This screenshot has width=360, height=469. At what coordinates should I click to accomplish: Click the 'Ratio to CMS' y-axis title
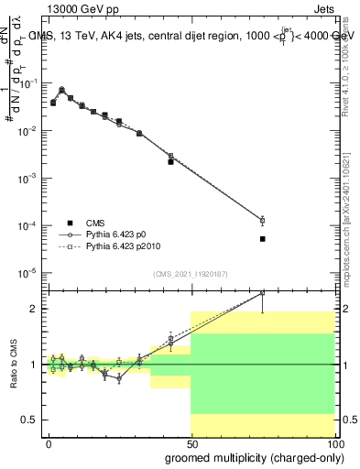pos(13,364)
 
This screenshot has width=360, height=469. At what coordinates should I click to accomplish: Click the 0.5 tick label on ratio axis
pos(27,420)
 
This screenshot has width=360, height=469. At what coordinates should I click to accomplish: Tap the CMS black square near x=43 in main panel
pos(171,161)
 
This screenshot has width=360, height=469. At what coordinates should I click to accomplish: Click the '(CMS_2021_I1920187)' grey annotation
pos(191,273)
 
